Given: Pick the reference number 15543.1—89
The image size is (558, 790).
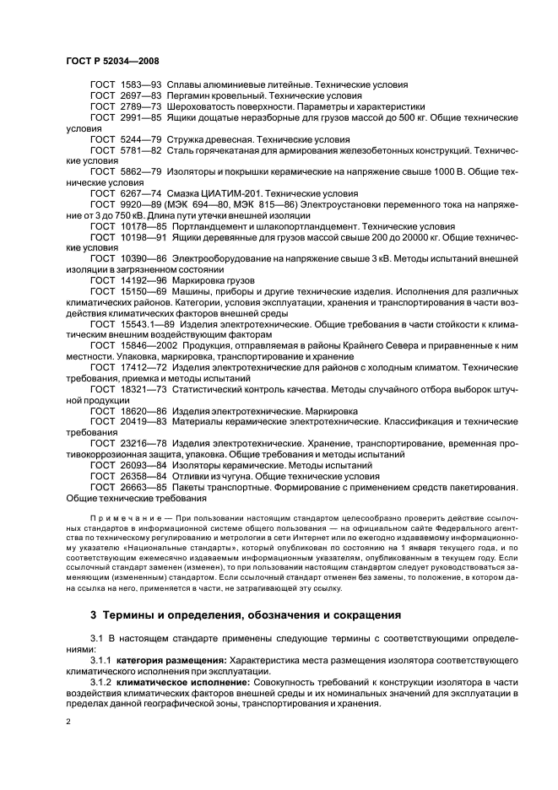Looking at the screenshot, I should tap(150, 323).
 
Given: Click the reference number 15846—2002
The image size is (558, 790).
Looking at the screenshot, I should tap(149, 345).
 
